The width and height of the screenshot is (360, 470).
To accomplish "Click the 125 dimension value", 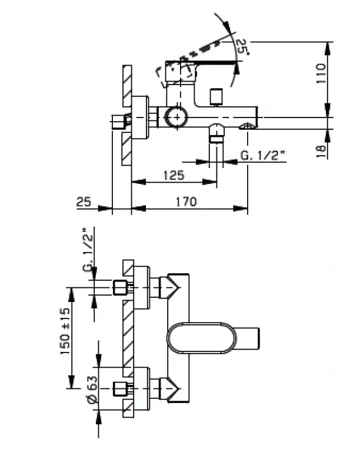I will coord(174,174).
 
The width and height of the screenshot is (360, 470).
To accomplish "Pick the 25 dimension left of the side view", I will coord(84,202).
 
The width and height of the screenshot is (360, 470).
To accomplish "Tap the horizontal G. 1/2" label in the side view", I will coord(262,156).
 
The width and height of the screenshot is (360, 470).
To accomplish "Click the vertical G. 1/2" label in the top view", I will coord(89,250).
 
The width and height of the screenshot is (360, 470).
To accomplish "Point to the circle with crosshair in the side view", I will coord(175,116).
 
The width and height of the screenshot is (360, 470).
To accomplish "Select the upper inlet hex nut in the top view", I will coord(121,287).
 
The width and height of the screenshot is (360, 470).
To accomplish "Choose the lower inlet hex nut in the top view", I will coord(121,388).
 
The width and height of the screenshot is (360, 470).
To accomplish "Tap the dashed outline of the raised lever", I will coord(175,72).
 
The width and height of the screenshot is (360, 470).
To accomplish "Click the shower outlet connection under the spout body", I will coord(216,135).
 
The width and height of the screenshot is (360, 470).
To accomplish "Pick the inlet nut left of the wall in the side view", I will coord(121,122).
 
